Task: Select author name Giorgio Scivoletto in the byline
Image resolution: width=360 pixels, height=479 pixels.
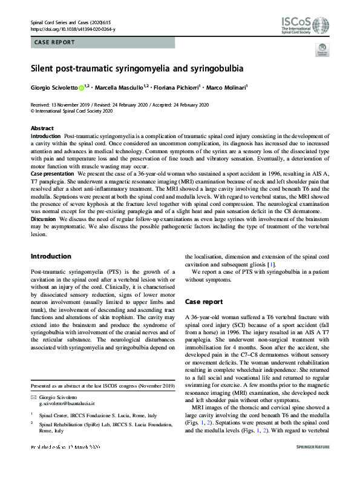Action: pyautogui.click(x=54, y=88)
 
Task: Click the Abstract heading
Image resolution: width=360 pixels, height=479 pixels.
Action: pyautogui.click(x=42, y=129)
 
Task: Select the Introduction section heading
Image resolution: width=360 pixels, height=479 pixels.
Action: pyautogui.click(x=51, y=256)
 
